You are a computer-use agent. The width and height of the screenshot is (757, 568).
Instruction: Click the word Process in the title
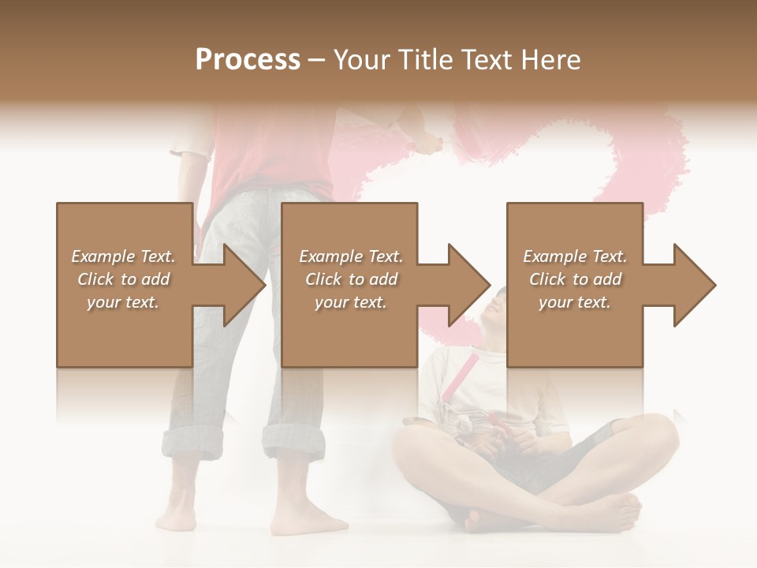pyautogui.click(x=248, y=59)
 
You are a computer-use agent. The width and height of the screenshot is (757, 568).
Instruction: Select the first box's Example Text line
pyautogui.click(x=123, y=256)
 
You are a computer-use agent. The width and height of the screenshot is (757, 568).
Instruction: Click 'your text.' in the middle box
pyautogui.click(x=350, y=302)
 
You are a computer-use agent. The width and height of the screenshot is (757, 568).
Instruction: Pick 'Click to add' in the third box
pyautogui.click(x=575, y=279)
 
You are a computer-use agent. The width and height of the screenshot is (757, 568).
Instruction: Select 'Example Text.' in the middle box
pyautogui.click(x=350, y=256)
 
